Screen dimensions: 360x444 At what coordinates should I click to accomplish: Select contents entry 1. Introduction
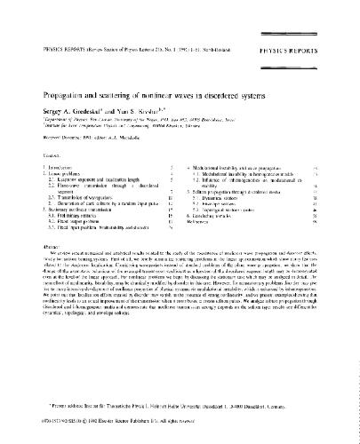(44, 141)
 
